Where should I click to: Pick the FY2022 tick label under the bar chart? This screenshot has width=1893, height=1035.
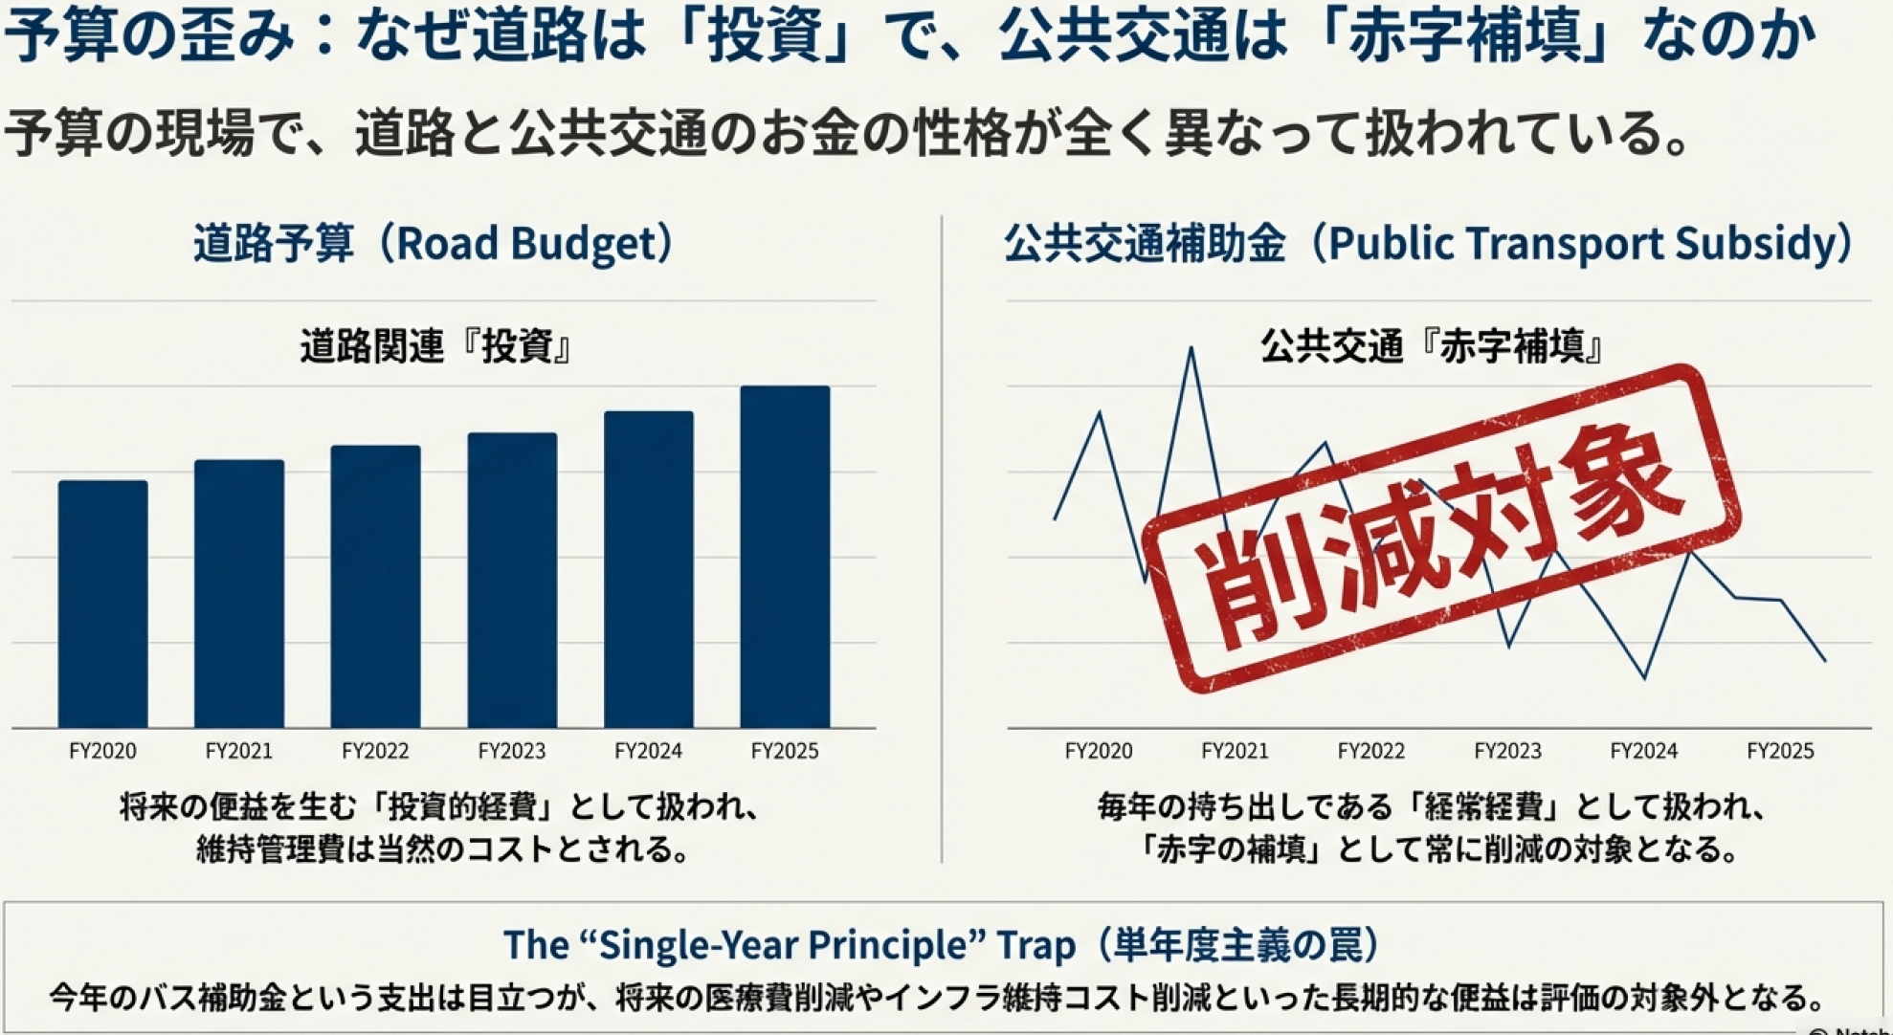[x=375, y=752]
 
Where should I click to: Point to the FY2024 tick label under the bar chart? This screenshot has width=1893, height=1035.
[x=648, y=752]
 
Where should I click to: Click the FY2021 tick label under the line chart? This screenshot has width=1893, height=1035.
[x=1235, y=752]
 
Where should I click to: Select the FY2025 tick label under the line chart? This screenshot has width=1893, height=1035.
[x=1780, y=752]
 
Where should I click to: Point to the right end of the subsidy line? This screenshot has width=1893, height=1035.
[x=1824, y=660]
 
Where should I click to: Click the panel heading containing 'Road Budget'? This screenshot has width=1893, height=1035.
[x=435, y=244]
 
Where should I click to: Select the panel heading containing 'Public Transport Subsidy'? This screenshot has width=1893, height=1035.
[x=1430, y=244]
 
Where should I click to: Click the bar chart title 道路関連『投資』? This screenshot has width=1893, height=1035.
[x=436, y=346]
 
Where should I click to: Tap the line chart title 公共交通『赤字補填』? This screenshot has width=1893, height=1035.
[x=1432, y=346]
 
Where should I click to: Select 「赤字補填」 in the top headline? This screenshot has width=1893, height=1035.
[x=1464, y=36]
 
